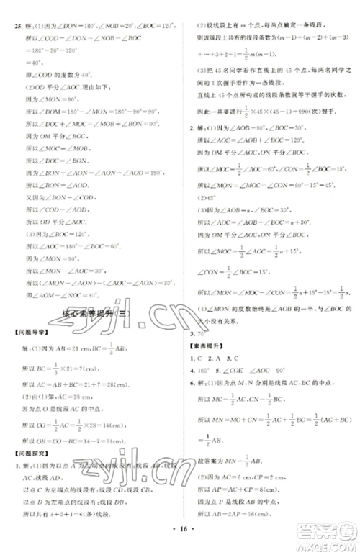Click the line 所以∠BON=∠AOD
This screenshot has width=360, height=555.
65,196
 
